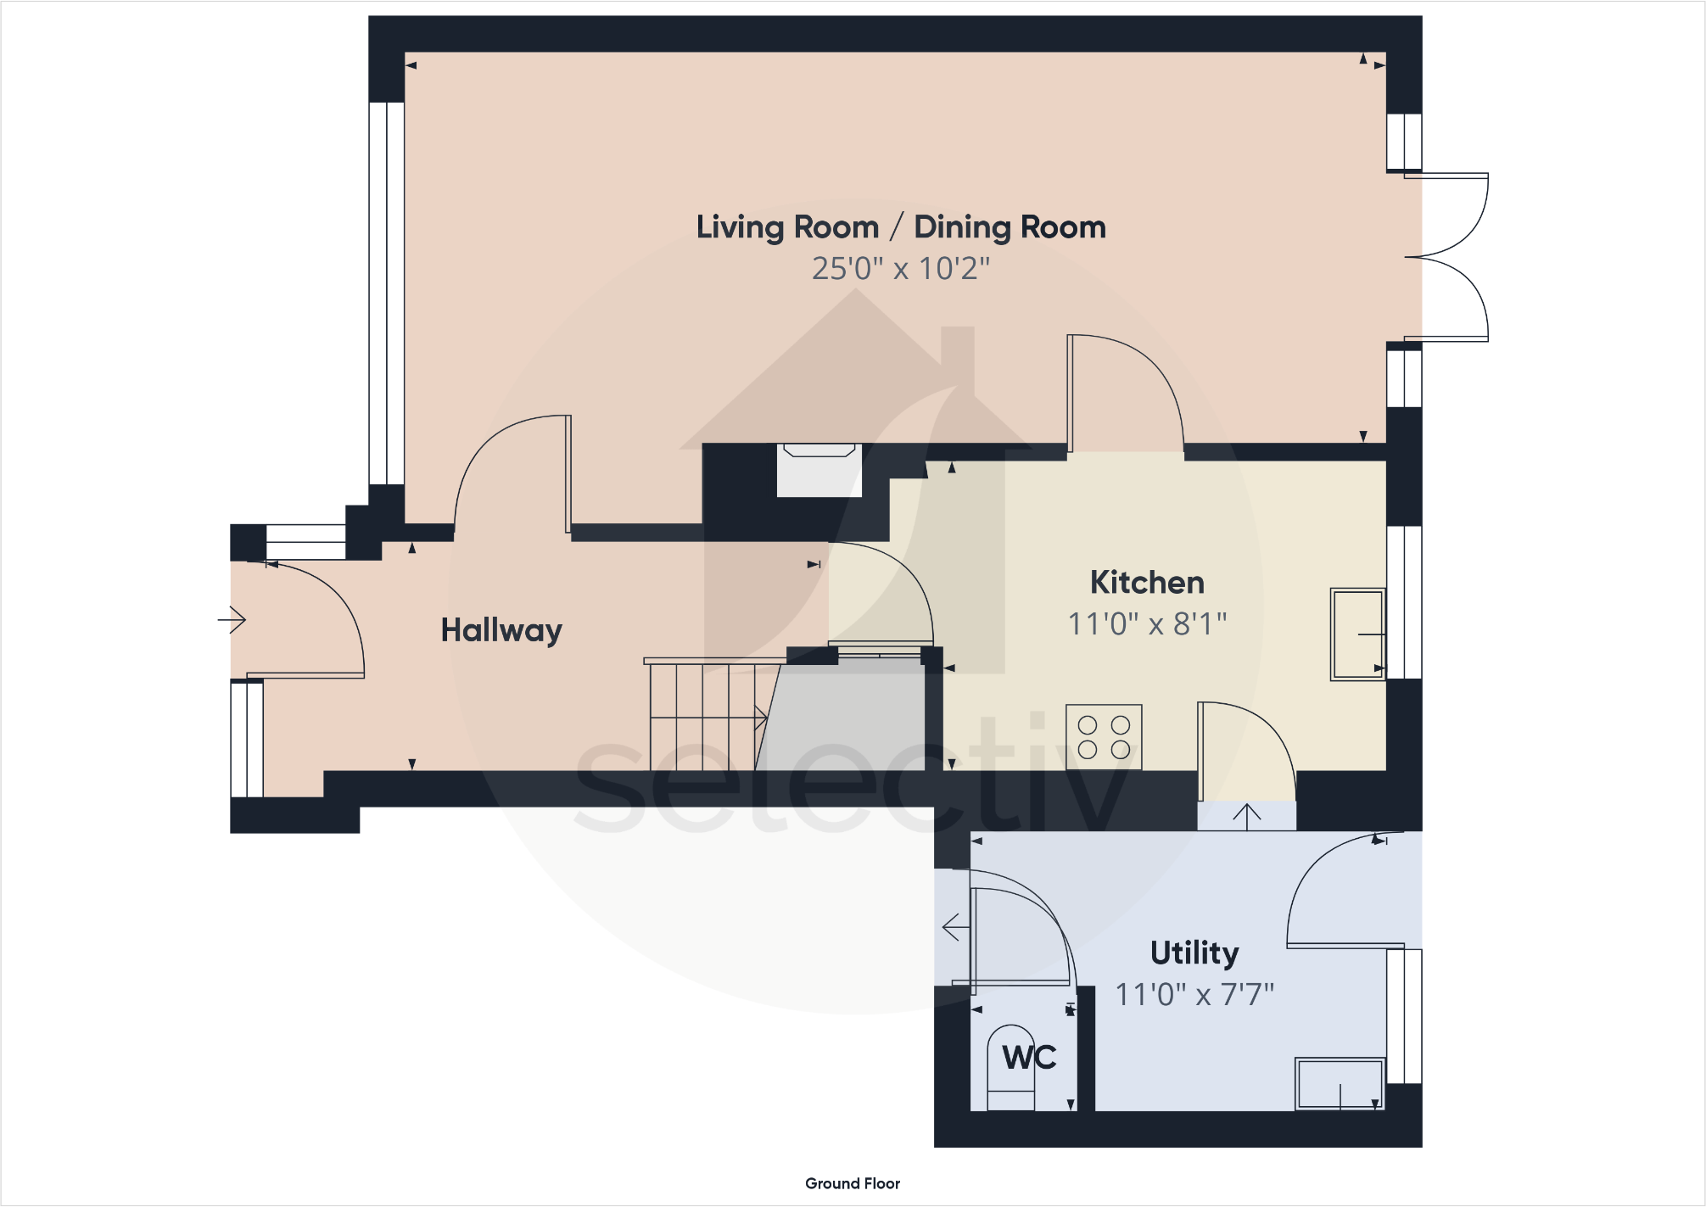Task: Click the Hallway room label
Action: (x=501, y=630)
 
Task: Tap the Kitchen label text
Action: (x=1147, y=583)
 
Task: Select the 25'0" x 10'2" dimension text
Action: (x=900, y=269)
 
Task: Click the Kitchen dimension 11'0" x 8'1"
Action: (x=1147, y=624)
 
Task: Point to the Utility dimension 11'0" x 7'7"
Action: (x=1194, y=994)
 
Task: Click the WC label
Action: (x=1029, y=1058)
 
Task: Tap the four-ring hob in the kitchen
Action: (x=1104, y=737)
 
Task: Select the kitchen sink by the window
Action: (x=1357, y=634)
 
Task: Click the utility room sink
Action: (x=1340, y=1083)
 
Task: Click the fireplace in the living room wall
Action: (x=819, y=471)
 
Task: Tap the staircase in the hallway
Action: (x=708, y=717)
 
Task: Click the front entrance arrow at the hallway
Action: (x=232, y=620)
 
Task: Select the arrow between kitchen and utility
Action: (x=1246, y=816)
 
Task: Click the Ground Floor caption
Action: (x=853, y=1183)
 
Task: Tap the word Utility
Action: (x=1194, y=953)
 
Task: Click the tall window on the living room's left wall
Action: (x=387, y=293)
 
